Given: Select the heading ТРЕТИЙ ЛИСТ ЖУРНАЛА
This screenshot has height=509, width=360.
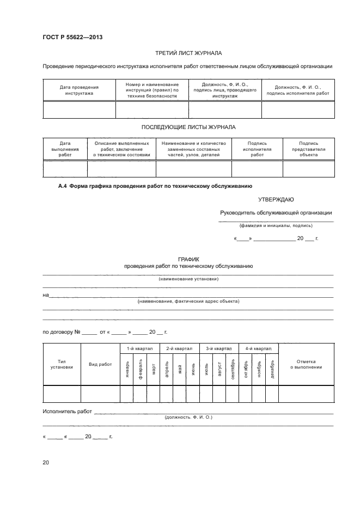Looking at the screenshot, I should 188,53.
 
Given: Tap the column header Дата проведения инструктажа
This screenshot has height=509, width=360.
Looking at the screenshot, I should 79,90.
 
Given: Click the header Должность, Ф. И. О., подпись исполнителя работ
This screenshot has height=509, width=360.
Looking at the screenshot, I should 298,90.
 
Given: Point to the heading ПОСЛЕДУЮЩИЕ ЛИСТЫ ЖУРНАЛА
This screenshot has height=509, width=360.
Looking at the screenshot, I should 188,127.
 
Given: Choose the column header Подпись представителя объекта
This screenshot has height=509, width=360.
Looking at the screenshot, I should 308,149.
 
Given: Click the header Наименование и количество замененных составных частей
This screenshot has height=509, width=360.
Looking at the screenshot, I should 194,149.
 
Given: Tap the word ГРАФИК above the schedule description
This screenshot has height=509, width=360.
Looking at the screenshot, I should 188,260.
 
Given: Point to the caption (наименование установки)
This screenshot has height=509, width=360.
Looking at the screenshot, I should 188,279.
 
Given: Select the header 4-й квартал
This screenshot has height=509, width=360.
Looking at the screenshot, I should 258,348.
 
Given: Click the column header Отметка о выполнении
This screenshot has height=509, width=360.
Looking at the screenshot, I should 306,364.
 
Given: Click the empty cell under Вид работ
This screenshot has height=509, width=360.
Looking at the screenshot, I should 100,393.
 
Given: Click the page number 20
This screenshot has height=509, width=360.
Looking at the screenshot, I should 46,463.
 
